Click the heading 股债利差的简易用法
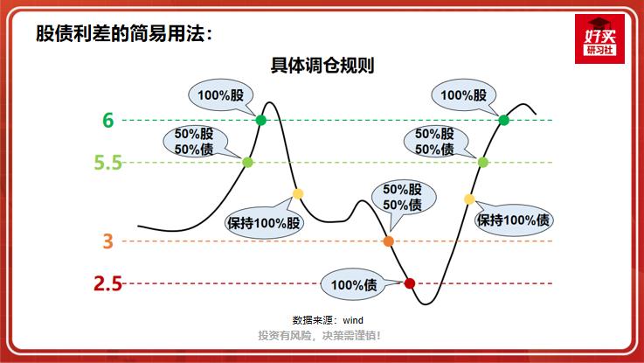pos(122,33)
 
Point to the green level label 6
pos(108,120)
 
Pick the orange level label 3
pos(108,241)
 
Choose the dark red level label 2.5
pos(107,283)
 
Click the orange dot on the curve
pos(388,241)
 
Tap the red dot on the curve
pos(409,283)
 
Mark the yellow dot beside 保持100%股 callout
pos(297,194)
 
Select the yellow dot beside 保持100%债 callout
pos(468,199)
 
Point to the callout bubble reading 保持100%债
pos(514,220)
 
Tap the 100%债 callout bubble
pos(354,284)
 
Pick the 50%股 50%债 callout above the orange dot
pos(402,198)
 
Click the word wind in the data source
pos(352,320)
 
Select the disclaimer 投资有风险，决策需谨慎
pos(320,336)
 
